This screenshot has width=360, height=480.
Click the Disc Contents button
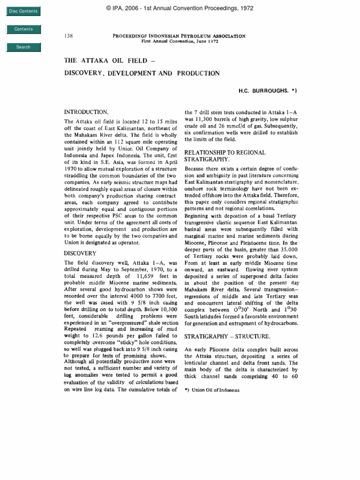click(23, 11)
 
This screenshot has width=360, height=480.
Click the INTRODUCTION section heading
click(86, 112)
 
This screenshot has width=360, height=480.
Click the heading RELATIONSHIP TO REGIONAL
click(225, 153)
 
